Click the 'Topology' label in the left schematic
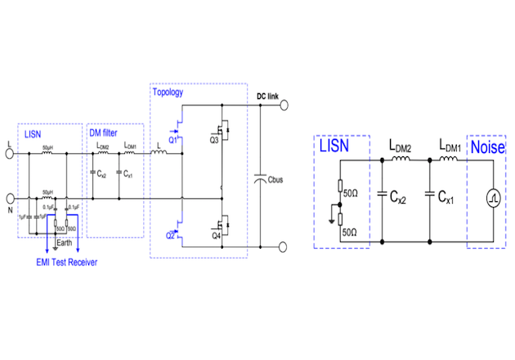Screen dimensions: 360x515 pyautogui.click(x=167, y=92)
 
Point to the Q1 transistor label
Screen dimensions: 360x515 pyautogui.click(x=173, y=139)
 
